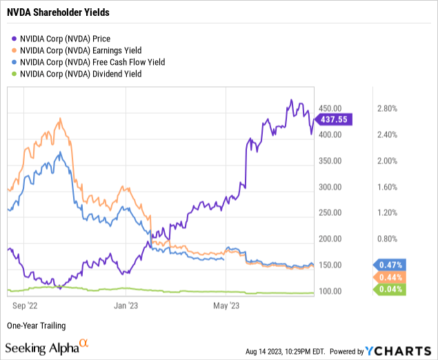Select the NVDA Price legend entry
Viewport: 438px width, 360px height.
click(x=66, y=39)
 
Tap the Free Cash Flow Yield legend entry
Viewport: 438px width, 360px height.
click(x=86, y=62)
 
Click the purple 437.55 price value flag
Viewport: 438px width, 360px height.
click(x=334, y=119)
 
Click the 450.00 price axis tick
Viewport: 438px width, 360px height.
click(x=331, y=108)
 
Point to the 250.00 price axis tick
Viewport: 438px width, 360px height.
click(x=331, y=213)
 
